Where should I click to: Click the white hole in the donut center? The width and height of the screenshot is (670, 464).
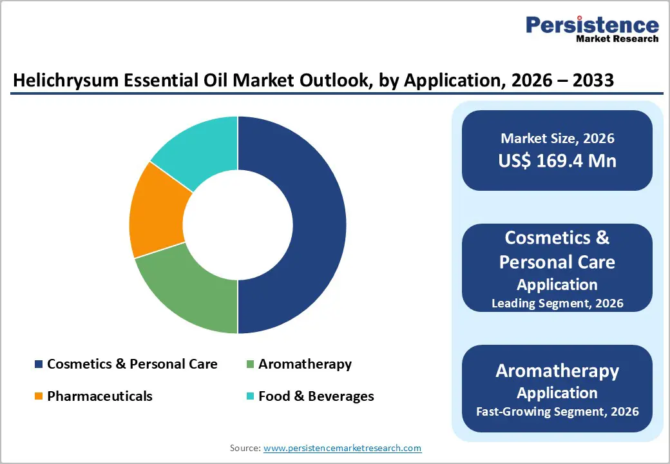[238, 224]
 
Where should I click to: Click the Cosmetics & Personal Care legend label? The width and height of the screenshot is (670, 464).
[132, 364]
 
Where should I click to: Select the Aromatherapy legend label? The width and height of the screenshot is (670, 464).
[305, 364]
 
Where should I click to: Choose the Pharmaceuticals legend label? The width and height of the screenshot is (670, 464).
[100, 396]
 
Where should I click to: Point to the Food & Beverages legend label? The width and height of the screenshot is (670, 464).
[316, 396]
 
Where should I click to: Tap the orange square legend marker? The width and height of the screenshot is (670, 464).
[39, 396]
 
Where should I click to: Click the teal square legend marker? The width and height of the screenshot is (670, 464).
[250, 396]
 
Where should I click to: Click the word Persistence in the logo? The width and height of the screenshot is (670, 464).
[592, 25]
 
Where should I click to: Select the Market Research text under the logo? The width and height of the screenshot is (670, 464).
[617, 39]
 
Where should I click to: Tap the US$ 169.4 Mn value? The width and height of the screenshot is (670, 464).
[557, 160]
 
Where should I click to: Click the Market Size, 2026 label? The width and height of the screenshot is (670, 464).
[557, 139]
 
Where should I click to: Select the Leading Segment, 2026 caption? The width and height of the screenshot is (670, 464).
[557, 303]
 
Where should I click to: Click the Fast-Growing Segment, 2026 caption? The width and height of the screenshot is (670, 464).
[557, 411]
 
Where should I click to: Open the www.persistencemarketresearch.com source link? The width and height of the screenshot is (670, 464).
[342, 448]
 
